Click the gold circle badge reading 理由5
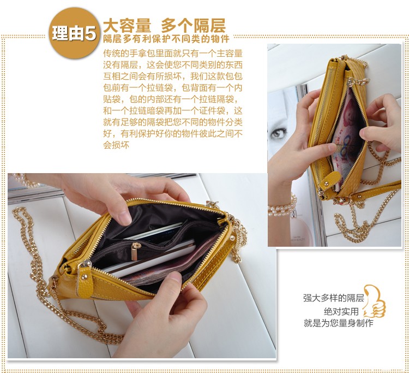[74, 33]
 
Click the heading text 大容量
[127, 26]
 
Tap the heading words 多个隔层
[193, 26]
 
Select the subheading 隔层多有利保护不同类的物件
[166, 39]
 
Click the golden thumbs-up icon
[374, 301]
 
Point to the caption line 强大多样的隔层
[333, 298]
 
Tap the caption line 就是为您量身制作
[338, 323]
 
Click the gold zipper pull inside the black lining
[135, 251]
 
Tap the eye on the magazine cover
[279, 133]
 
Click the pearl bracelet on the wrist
[282, 208]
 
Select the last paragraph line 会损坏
[116, 145]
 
